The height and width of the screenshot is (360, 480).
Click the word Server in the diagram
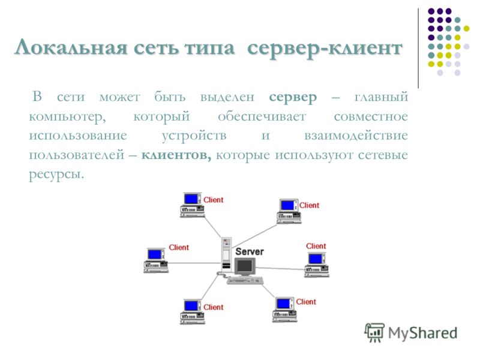pyautogui.click(x=250, y=251)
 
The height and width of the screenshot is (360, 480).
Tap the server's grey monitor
pyautogui.click(x=245, y=266)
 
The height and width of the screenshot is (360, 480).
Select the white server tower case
pyautogui.click(x=226, y=254)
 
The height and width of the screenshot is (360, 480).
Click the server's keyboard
pyautogui.click(x=245, y=280)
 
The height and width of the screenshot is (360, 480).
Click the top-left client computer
pyautogui.click(x=192, y=205)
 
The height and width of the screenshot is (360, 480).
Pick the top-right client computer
pyautogui.click(x=289, y=211)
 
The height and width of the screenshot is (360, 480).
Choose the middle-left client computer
pyautogui.click(x=156, y=260)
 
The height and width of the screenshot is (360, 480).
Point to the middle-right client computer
pyautogui.click(x=317, y=265)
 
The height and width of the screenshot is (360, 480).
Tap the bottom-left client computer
pyautogui.click(x=192, y=311)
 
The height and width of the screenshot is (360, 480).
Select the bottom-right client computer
pyautogui.click(x=284, y=309)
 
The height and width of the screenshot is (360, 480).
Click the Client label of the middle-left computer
pyautogui.click(x=179, y=247)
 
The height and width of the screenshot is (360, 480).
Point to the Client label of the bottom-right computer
pyautogui.click(x=306, y=302)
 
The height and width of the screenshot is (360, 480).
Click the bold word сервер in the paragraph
pyautogui.click(x=293, y=97)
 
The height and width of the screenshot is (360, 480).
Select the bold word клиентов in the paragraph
pyautogui.click(x=176, y=155)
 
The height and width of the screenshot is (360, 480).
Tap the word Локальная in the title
pyautogui.click(x=71, y=48)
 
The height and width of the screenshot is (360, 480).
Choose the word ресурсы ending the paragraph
pyautogui.click(x=56, y=175)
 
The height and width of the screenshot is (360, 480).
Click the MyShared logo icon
pyautogui.click(x=374, y=332)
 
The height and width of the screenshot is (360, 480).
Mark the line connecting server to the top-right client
pyautogui.click(x=254, y=236)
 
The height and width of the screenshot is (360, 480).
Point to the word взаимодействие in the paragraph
pyautogui.click(x=356, y=136)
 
